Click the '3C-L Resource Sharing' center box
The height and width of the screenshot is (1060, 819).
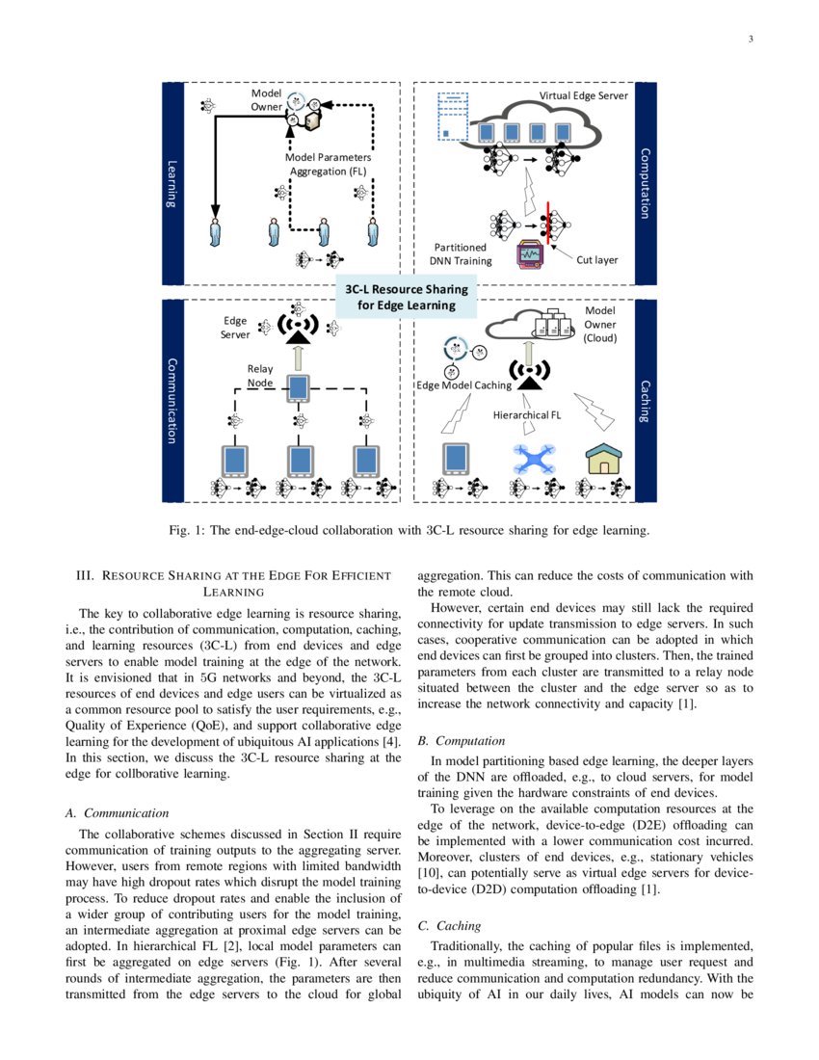pos(407,297)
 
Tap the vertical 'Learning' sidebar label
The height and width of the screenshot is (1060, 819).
pos(172,183)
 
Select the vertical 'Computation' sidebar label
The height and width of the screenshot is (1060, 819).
pos(646,183)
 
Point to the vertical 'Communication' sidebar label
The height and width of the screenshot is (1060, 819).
pos(172,401)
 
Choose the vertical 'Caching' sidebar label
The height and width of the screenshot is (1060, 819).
pos(646,401)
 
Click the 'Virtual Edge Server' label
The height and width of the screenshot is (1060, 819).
pos(583,96)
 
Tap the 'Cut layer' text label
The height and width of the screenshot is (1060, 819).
pos(597,260)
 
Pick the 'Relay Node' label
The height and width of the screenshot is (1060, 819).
pos(260,376)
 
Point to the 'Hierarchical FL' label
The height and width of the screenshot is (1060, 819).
pos(526,415)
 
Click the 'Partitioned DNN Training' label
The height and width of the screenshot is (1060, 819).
pos(460,254)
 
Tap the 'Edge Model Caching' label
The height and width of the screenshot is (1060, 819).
pos(463,385)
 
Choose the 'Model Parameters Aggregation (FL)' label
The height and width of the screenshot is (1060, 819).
pos(328,164)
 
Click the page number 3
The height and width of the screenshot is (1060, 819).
pos(749,40)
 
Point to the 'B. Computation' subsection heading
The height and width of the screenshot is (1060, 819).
pos(461,741)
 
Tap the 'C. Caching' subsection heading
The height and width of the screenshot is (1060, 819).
pos(449,925)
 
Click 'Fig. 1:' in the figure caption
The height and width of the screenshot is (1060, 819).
pos(189,529)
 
